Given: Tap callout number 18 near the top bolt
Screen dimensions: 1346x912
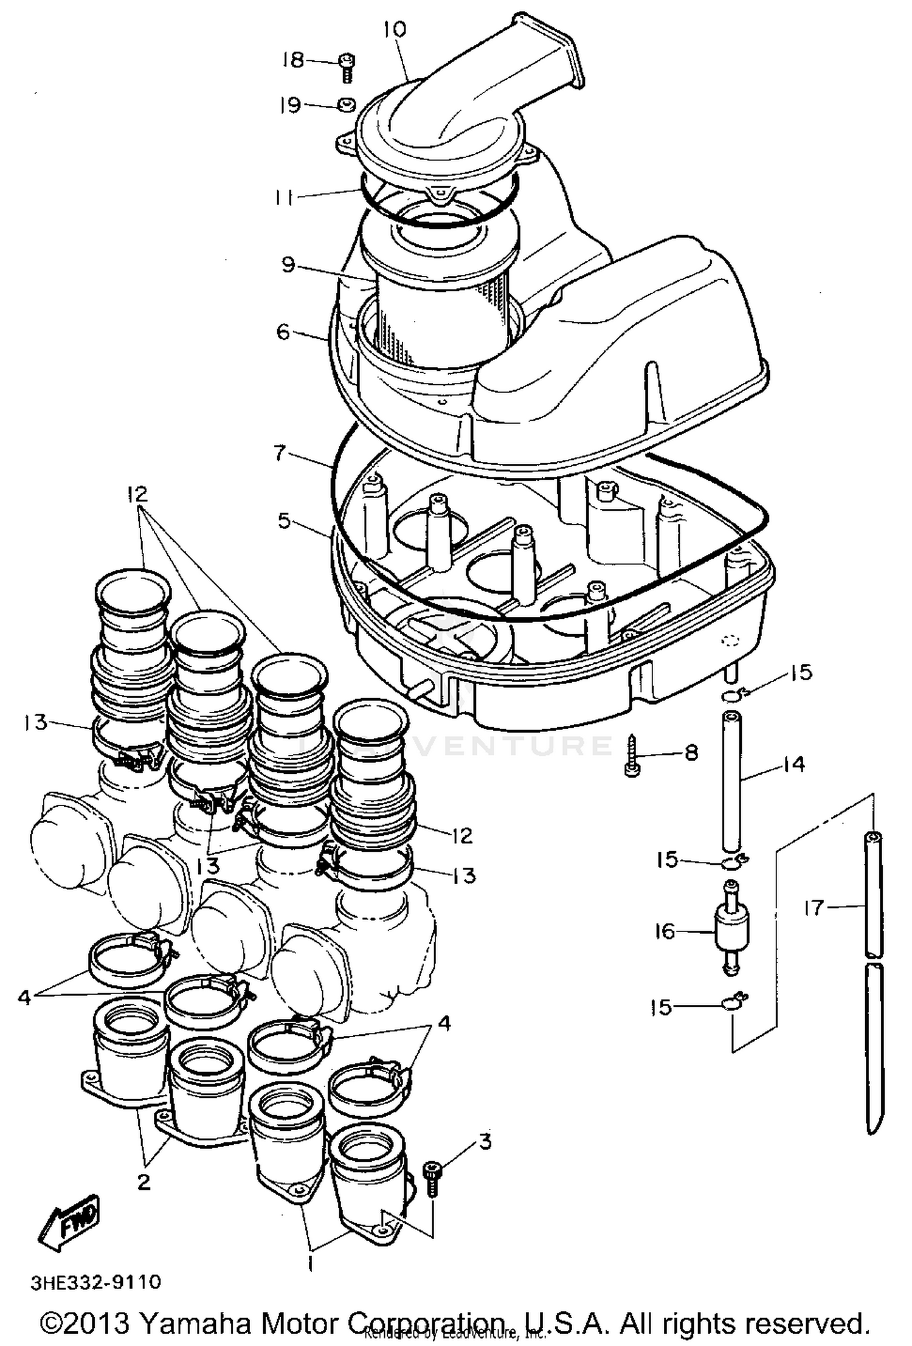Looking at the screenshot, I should click(x=294, y=60).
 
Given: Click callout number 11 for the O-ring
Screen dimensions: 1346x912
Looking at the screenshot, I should click(x=284, y=198).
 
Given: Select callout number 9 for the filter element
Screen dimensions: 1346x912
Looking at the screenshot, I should click(x=288, y=265).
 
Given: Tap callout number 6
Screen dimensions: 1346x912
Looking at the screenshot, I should click(x=283, y=332).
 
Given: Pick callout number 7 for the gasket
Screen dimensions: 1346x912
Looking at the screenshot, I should click(x=279, y=453).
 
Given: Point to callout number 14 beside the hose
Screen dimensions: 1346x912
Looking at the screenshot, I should click(x=793, y=764).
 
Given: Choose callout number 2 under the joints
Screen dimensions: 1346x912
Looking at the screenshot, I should click(x=143, y=1182).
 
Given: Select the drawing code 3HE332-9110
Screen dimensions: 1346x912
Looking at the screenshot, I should click(x=96, y=1282).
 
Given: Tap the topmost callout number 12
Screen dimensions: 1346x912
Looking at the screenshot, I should click(x=138, y=493).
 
